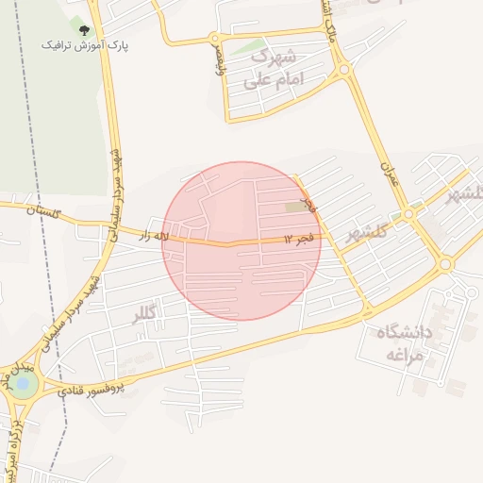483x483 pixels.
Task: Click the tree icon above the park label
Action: pyautogui.click(x=85, y=30)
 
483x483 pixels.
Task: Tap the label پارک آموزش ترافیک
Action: pyautogui.click(x=85, y=44)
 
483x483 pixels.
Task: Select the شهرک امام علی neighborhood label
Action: pyautogui.click(x=273, y=69)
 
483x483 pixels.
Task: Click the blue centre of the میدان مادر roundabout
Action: pyautogui.click(x=23, y=385)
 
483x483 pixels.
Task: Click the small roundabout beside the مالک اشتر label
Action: pyautogui.click(x=343, y=69)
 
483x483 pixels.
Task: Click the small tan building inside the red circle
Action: pyautogui.click(x=296, y=206)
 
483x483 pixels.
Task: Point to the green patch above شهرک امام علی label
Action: pyautogui.click(x=250, y=44)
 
